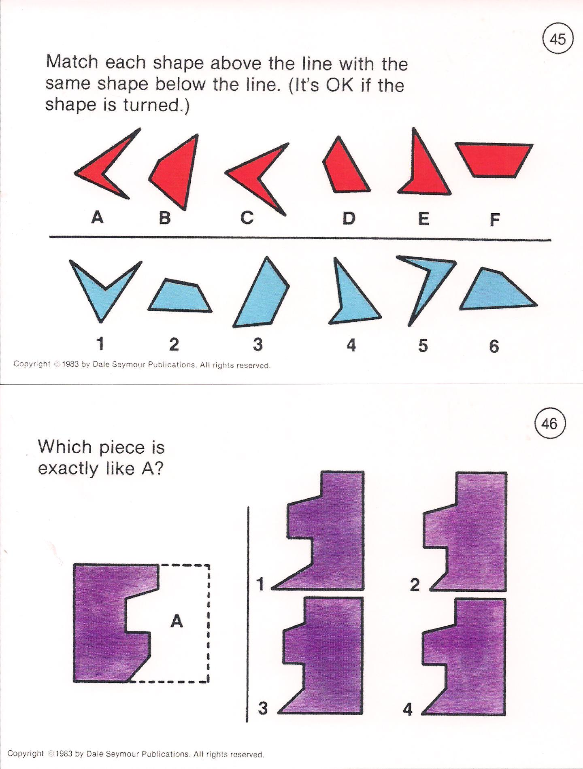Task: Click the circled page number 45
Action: (557, 39)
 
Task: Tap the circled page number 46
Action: (549, 424)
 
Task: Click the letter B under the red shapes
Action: (164, 218)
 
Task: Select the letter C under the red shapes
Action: (247, 218)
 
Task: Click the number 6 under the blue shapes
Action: (494, 346)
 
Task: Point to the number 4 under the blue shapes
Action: (351, 345)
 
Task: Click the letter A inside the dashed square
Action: (177, 620)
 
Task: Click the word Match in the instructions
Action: (72, 62)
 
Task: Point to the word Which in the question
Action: (65, 447)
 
